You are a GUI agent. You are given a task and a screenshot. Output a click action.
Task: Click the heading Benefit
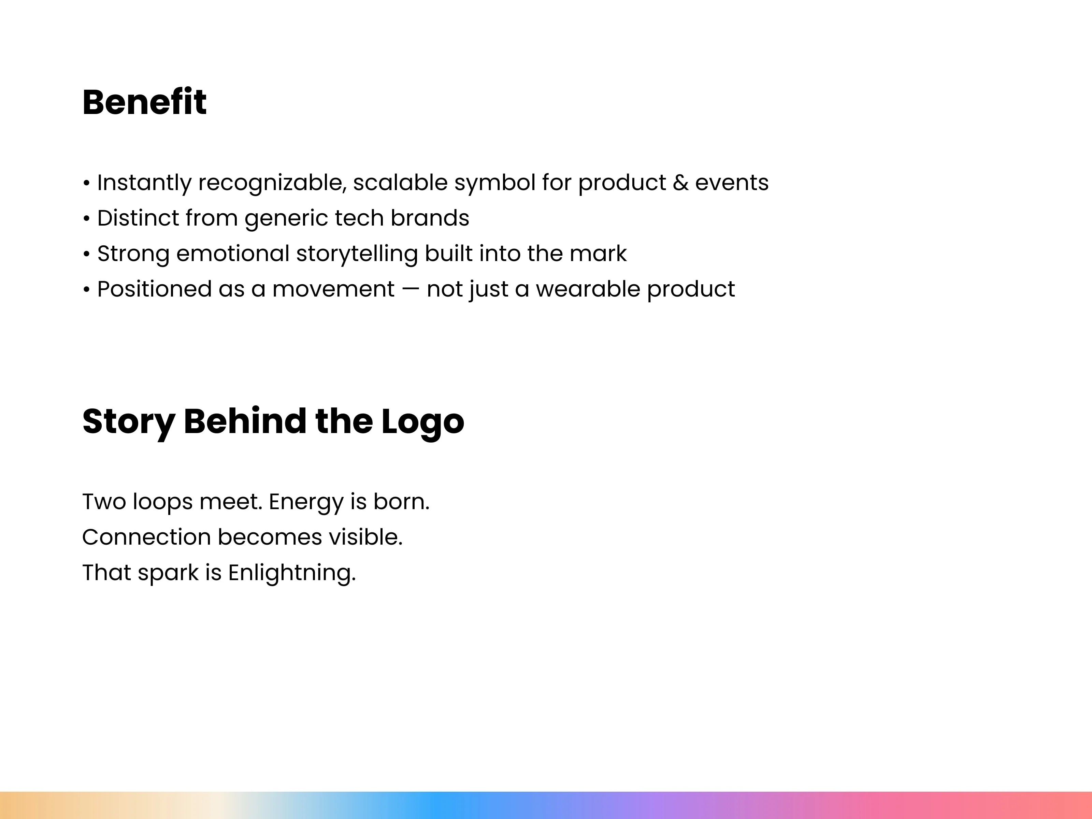(x=144, y=102)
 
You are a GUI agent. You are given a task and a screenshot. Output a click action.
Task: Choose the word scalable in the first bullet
(x=400, y=182)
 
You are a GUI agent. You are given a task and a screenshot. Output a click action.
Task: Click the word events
(x=732, y=183)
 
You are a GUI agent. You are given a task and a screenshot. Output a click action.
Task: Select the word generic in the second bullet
(x=286, y=219)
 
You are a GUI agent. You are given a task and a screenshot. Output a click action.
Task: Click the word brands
(x=430, y=218)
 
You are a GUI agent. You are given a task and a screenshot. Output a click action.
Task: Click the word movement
(x=333, y=289)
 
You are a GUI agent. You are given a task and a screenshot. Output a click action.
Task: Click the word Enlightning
(x=292, y=574)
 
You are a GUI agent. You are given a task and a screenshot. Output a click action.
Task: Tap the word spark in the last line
(x=168, y=574)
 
